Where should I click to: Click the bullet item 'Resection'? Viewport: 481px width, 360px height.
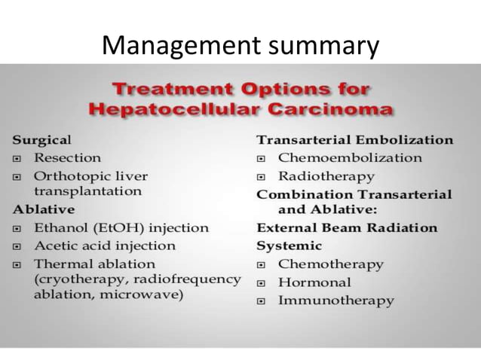click(67, 157)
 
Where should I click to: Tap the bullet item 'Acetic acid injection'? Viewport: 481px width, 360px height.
click(104, 246)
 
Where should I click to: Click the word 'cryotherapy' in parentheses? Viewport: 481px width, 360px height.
click(76, 279)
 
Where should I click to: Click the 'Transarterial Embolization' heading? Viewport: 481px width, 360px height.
click(355, 140)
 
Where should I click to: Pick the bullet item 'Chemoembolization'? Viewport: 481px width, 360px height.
click(350, 158)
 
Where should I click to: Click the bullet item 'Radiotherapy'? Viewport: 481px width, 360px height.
click(326, 176)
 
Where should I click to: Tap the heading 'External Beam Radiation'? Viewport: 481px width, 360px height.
click(347, 227)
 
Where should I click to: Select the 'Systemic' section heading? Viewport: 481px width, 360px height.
click(290, 246)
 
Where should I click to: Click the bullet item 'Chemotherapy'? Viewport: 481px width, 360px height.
click(330, 264)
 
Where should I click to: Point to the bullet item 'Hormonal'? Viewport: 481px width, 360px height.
click(314, 282)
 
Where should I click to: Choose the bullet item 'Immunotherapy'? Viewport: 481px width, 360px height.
click(335, 301)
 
